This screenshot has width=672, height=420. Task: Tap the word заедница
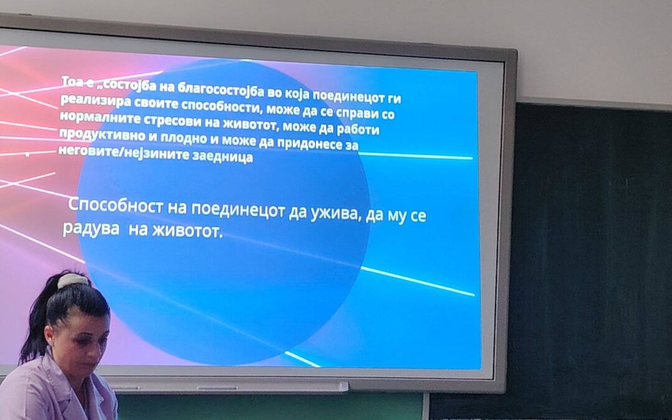click(x=222, y=156)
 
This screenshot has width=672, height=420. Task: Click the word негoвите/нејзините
click(x=123, y=152)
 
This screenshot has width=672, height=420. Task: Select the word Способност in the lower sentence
click(x=116, y=205)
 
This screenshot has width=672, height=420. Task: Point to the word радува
click(x=91, y=228)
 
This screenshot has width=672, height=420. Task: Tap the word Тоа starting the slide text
click(x=72, y=82)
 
